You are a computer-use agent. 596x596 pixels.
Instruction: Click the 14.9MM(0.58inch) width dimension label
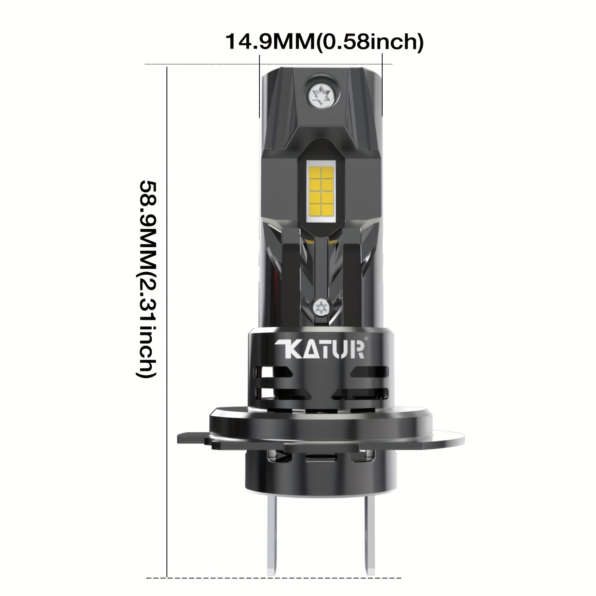(x=324, y=42)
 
